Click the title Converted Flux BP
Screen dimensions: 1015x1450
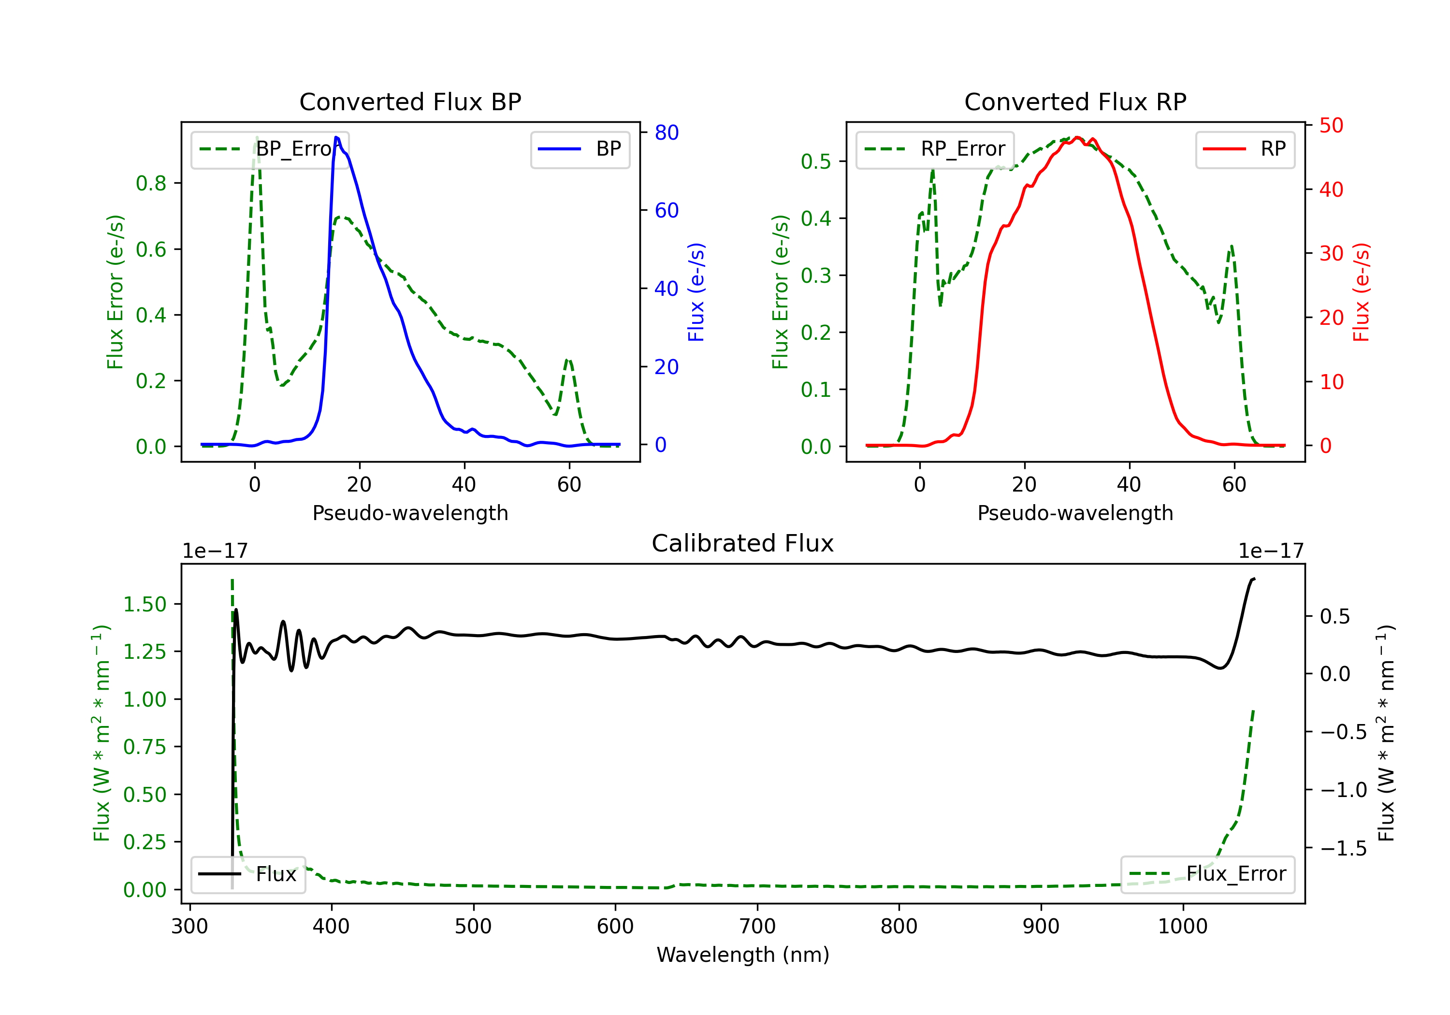tap(410, 101)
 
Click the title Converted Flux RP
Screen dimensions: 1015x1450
tap(1075, 101)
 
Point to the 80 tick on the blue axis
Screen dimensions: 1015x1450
tap(666, 132)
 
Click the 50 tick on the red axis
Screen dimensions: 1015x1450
tap(1331, 125)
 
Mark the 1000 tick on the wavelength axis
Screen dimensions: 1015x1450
tap(1182, 927)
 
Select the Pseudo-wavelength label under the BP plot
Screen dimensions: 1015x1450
tap(410, 513)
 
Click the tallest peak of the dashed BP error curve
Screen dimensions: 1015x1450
tap(256, 138)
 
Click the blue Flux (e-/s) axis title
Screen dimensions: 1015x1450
tap(696, 292)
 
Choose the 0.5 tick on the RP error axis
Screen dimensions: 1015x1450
tap(815, 162)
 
